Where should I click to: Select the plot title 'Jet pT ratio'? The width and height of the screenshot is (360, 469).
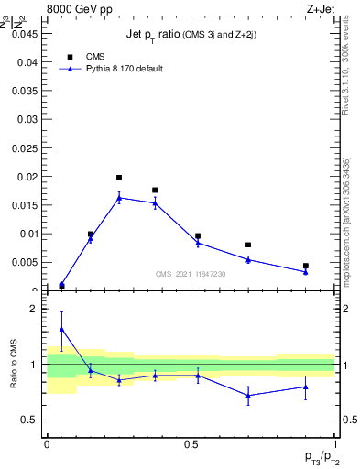(191, 34)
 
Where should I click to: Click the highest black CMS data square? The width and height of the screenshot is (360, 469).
(119, 178)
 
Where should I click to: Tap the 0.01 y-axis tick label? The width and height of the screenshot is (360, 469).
(27, 234)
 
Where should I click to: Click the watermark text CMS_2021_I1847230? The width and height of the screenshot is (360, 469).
(190, 274)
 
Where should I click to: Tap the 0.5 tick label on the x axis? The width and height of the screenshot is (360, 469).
(191, 443)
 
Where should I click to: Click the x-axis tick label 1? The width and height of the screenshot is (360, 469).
(335, 443)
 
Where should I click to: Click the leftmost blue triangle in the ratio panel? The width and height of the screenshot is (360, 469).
(61, 328)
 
